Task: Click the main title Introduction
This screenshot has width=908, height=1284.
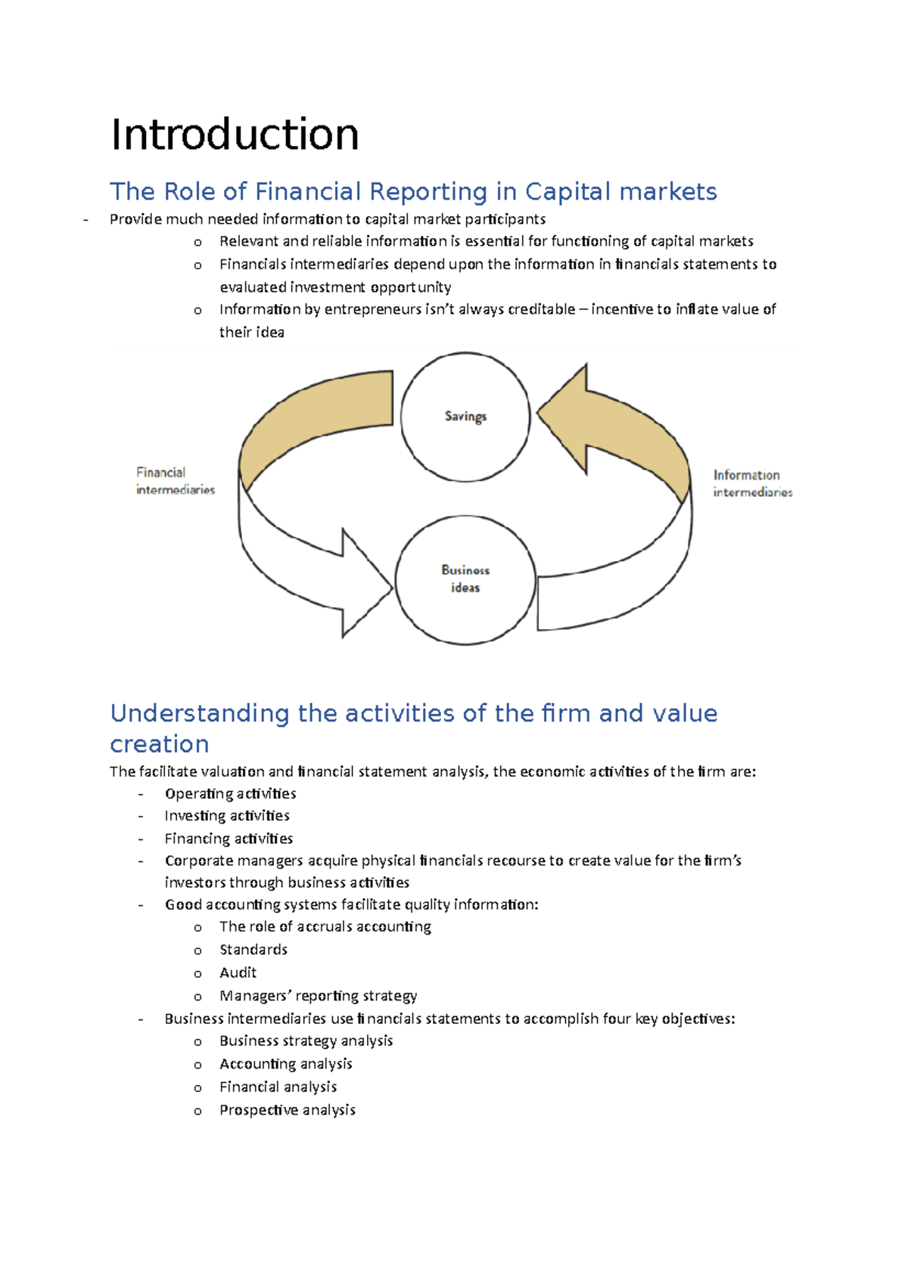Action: point(235,135)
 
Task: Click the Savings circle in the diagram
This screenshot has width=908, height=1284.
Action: point(465,417)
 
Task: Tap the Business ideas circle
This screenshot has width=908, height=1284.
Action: point(465,579)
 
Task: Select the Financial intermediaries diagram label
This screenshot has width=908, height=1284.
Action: point(175,481)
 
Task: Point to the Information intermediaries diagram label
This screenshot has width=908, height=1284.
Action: point(752,483)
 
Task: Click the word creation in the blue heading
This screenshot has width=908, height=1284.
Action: point(160,744)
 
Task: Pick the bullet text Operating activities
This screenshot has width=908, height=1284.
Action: point(230,793)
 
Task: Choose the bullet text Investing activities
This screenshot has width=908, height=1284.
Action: point(227,816)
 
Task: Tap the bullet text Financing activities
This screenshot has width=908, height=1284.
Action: point(229,839)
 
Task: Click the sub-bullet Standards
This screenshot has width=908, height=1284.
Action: point(253,950)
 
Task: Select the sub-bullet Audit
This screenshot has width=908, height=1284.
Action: point(238,972)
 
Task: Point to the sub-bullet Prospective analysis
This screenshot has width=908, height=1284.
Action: point(288,1110)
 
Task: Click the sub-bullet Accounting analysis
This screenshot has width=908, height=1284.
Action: point(286,1064)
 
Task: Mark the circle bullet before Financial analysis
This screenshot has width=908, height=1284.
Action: point(197,1088)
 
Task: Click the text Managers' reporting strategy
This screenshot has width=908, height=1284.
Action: point(318,996)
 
